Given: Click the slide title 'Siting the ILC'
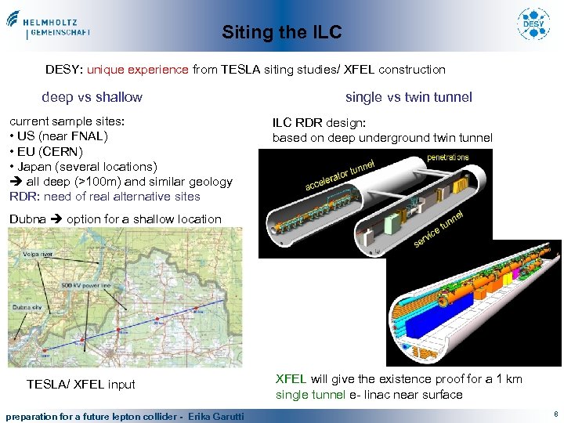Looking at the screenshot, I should pyautogui.click(x=281, y=32).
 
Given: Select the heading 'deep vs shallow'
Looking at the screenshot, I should pyautogui.click(x=92, y=97).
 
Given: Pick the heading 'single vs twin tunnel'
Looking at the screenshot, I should pyautogui.click(x=408, y=97).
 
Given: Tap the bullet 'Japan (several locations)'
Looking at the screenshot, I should pyautogui.click(x=83, y=166).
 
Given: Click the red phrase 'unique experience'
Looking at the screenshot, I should pyautogui.click(x=138, y=69).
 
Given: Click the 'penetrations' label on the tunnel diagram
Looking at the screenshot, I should pyautogui.click(x=447, y=157).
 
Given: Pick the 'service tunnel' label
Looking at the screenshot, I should pyautogui.click(x=439, y=228).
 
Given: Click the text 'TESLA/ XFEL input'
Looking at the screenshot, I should pyautogui.click(x=81, y=384).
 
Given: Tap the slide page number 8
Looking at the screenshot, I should pyautogui.click(x=555, y=414).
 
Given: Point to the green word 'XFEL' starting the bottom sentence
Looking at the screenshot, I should pyautogui.click(x=291, y=379).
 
